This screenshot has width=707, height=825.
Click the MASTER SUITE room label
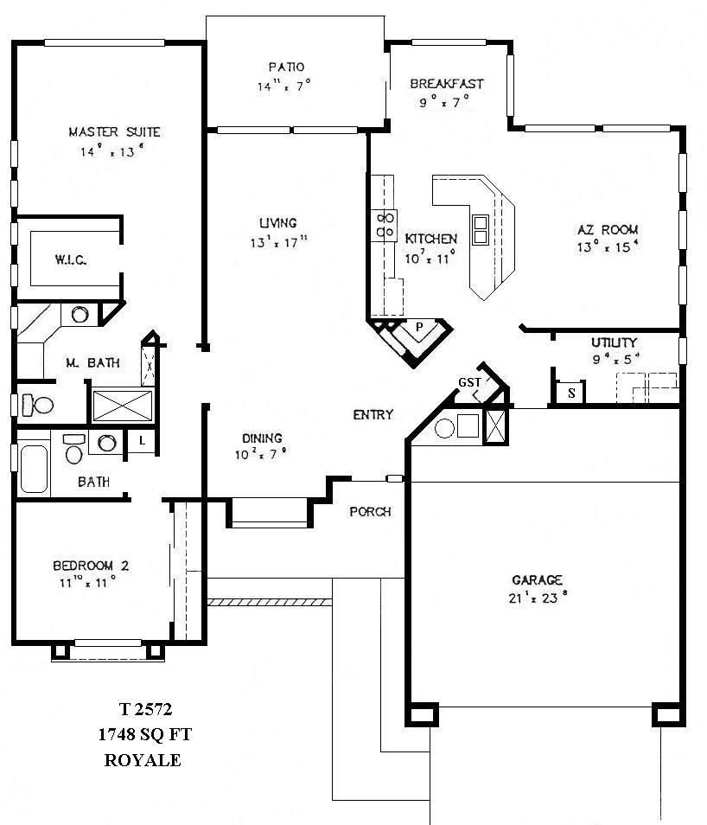pyautogui.click(x=114, y=132)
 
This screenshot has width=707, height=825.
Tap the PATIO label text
pyautogui.click(x=286, y=67)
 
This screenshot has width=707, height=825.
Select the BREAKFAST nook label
pyautogui.click(x=446, y=84)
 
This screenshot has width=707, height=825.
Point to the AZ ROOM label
pyautogui.click(x=608, y=230)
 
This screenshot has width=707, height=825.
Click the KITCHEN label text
pyautogui.click(x=431, y=239)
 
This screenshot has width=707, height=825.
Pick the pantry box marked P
pyautogui.click(x=418, y=328)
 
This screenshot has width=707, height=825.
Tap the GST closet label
pyautogui.click(x=469, y=383)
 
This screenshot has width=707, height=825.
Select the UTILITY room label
pyautogui.click(x=615, y=342)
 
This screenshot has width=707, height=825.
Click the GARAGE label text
pyautogui.click(x=537, y=580)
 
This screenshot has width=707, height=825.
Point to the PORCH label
pyautogui.click(x=370, y=512)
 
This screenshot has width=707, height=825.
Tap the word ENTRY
pyautogui.click(x=373, y=415)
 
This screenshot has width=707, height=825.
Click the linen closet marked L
pyautogui.click(x=141, y=441)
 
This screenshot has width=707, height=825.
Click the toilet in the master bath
pyautogui.click(x=37, y=404)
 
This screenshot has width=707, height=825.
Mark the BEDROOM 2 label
pyautogui.click(x=91, y=566)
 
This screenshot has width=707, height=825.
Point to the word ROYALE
pyautogui.click(x=143, y=761)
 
